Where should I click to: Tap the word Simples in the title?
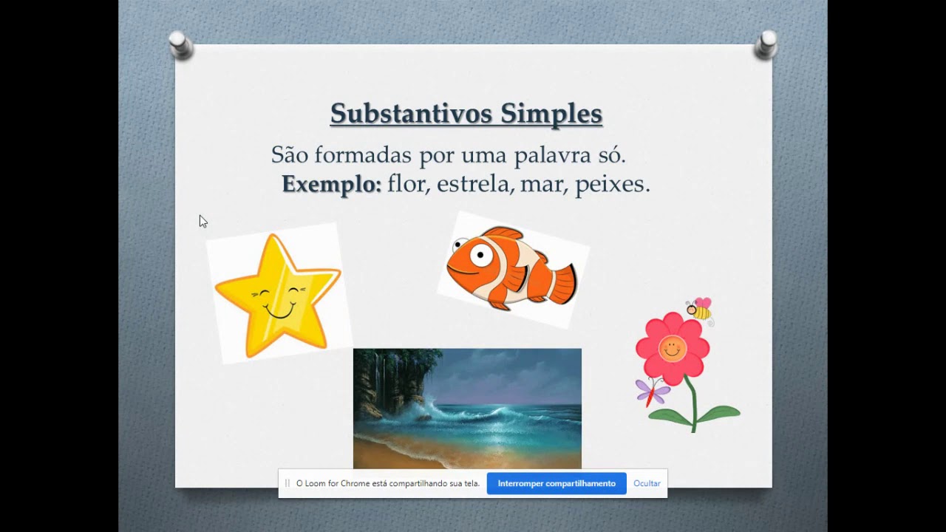[551, 114]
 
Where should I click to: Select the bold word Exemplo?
[331, 184]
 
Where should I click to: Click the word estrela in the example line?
[474, 184]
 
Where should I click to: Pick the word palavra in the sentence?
[545, 155]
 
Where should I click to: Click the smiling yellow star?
[278, 296]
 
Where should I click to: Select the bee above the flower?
[698, 310]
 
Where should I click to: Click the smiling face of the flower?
[672, 348]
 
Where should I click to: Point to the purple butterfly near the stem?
[651, 390]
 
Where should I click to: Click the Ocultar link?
[647, 483]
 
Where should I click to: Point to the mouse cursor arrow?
[203, 221]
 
